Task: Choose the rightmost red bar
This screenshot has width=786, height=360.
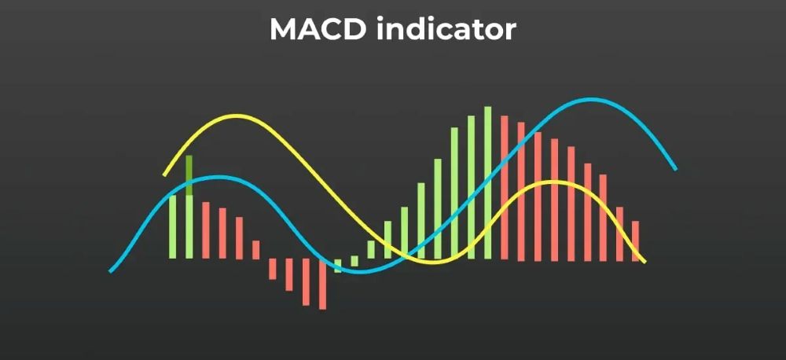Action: tap(636, 241)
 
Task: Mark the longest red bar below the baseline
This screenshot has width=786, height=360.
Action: tap(322, 283)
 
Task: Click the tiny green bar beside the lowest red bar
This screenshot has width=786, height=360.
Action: tap(338, 265)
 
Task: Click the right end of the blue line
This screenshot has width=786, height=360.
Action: tap(674, 167)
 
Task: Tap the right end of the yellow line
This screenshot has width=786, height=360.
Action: tap(645, 261)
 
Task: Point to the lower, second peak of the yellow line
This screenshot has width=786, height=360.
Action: tap(553, 182)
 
